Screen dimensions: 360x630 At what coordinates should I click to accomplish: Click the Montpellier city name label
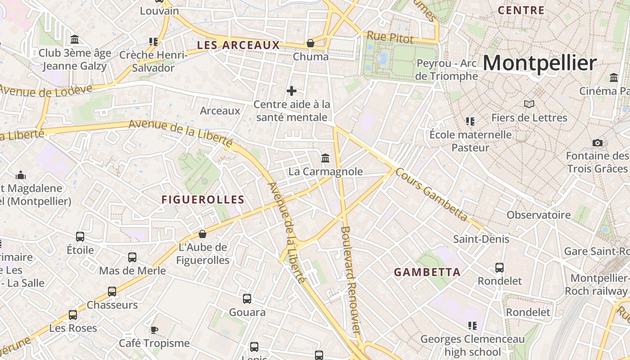point(540,63)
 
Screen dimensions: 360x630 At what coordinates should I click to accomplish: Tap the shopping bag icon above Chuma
point(310,43)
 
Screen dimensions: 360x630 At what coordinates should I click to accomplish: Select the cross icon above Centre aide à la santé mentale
point(292,91)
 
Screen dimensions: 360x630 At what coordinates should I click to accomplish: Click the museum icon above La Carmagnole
point(325,158)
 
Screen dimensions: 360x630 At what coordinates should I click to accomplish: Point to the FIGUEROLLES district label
point(203,200)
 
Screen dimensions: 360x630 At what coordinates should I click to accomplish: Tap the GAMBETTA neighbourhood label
point(427,272)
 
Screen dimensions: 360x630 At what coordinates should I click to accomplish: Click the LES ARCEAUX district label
point(238,45)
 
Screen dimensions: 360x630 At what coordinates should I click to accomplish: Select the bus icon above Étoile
point(80,236)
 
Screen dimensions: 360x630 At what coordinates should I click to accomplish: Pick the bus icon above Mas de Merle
point(132,257)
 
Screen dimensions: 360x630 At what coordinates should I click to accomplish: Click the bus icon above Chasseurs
point(112,292)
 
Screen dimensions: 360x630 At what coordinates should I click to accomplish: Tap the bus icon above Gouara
point(247,299)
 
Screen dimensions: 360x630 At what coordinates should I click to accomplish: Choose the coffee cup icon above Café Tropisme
point(154,330)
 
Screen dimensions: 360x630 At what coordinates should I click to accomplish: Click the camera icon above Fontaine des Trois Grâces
point(597,143)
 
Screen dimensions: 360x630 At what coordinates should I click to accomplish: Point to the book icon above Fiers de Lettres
point(529,104)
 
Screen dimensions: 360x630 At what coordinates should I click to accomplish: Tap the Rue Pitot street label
point(390,37)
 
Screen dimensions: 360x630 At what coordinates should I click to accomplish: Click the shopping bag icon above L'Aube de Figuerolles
point(202,234)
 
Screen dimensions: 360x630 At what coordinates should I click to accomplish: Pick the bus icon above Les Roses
point(73,315)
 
